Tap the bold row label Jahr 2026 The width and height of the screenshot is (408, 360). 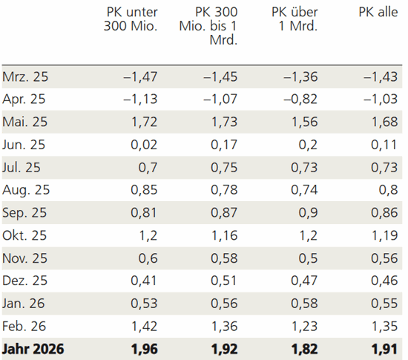[33, 348]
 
